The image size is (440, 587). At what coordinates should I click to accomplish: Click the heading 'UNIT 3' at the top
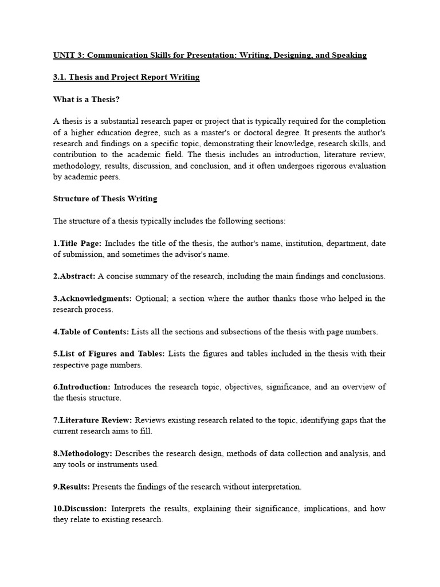point(68,55)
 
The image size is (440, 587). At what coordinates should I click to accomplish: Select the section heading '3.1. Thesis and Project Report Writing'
point(126,77)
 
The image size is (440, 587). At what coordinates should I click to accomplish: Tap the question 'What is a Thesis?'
point(87,99)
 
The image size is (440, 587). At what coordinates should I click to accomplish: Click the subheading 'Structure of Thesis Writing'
point(105,199)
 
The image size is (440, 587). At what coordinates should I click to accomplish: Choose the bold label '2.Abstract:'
point(74,276)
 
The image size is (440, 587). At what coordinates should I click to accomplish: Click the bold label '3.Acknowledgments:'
point(92,299)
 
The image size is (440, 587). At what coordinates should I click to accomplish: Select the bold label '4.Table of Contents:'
point(91,332)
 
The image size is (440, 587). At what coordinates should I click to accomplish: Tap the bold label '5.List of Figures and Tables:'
point(109,354)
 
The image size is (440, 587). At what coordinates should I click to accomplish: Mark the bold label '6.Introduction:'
point(82,387)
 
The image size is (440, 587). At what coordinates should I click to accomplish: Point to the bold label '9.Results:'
point(72,487)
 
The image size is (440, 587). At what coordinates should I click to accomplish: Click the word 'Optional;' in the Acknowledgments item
point(151,299)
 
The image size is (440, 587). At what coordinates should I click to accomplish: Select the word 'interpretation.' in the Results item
point(273,487)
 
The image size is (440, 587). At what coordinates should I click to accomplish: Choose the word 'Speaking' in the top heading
point(347,55)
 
